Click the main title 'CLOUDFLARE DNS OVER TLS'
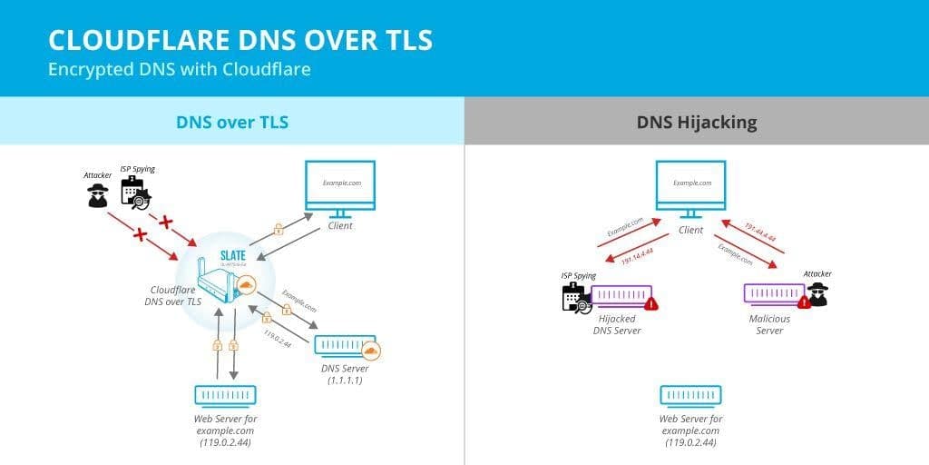pyautogui.click(x=240, y=41)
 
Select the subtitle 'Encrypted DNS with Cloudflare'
pyautogui.click(x=180, y=69)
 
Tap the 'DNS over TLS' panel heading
pyautogui.click(x=231, y=121)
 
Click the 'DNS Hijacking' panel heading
pyautogui.click(x=697, y=121)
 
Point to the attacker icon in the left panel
pyautogui.click(x=98, y=194)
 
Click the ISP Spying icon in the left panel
pyautogui.click(x=135, y=193)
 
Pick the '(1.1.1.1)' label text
pyautogui.click(x=346, y=381)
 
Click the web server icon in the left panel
pyautogui.click(x=225, y=395)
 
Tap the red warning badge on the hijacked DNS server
pyautogui.click(x=650, y=303)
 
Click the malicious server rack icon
pyautogui.click(x=774, y=294)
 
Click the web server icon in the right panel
pyautogui.click(x=691, y=395)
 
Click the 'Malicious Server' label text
pyautogui.click(x=769, y=324)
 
